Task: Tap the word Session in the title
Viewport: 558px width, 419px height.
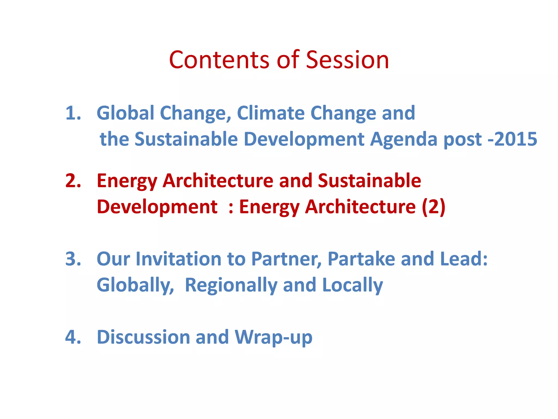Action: click(x=347, y=60)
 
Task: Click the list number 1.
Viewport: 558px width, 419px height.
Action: click(x=73, y=113)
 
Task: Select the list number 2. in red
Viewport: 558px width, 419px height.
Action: click(x=73, y=181)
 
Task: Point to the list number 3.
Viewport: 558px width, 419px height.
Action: click(x=73, y=259)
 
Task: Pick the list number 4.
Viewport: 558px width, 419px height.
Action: click(x=73, y=337)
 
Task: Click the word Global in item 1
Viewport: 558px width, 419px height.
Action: click(x=126, y=113)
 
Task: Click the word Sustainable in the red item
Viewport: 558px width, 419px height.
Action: click(x=369, y=181)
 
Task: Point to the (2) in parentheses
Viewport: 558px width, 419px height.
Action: click(x=433, y=207)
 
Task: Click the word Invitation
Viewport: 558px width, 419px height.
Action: click(x=178, y=259)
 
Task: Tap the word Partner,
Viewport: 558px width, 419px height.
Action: click(x=286, y=259)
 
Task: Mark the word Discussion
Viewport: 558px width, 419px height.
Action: click(x=143, y=337)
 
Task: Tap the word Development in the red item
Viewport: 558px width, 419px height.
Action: click(x=157, y=207)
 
